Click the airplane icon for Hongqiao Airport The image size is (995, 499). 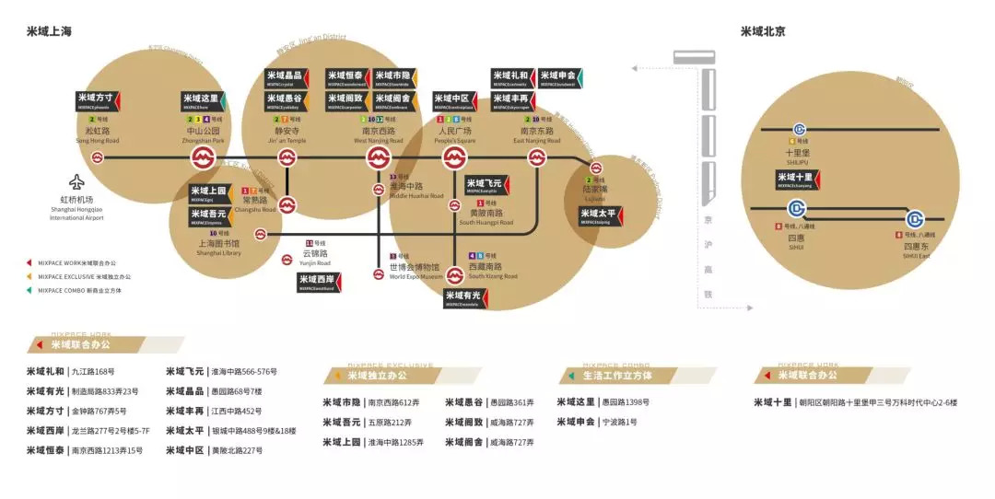click(x=76, y=181)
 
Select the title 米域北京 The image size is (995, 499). click(x=763, y=31)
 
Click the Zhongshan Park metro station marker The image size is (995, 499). click(x=204, y=158)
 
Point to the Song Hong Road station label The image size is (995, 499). click(x=97, y=135)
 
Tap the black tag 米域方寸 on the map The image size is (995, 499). click(x=97, y=101)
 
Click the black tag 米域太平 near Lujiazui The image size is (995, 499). click(x=602, y=216)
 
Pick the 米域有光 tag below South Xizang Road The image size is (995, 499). click(x=465, y=297)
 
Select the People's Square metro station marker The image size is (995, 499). click(x=454, y=158)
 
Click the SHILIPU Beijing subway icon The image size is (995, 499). click(x=798, y=131)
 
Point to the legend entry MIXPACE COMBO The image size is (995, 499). click(x=79, y=290)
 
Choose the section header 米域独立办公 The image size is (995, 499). click(x=377, y=376)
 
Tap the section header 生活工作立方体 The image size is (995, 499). click(x=617, y=376)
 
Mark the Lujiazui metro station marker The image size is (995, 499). click(x=596, y=168)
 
